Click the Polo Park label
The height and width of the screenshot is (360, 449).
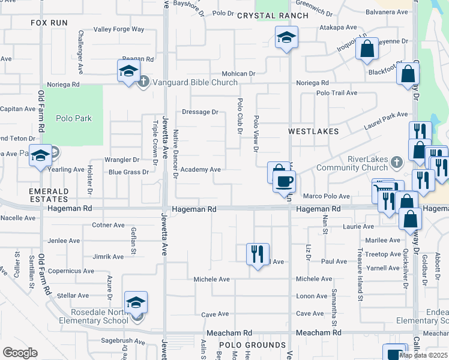74,118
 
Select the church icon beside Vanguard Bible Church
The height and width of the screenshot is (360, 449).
143,82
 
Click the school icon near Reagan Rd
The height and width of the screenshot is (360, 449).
127,72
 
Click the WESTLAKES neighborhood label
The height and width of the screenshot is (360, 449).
313,131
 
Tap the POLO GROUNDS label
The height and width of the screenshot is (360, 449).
252,345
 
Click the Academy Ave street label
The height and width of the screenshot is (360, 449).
200,170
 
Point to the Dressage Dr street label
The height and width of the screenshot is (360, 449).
200,112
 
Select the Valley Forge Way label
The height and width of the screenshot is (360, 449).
119,29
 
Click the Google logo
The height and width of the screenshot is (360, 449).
20,353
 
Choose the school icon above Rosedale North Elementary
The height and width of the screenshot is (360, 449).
136,301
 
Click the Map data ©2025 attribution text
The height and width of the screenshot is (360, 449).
423,355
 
